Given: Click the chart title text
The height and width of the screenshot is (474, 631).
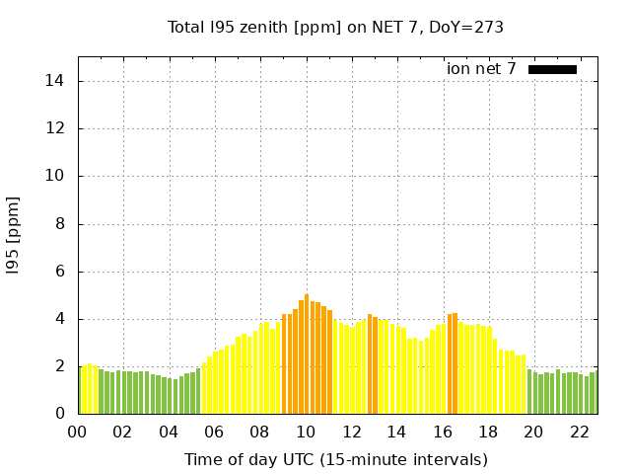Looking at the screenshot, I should [336, 27].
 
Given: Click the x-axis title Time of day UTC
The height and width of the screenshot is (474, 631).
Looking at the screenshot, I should [336, 459].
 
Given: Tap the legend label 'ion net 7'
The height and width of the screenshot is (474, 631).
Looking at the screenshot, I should [481, 69].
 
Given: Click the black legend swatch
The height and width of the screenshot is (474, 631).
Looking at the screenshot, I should [552, 69].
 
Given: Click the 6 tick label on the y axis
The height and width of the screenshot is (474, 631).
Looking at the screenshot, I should [61, 272].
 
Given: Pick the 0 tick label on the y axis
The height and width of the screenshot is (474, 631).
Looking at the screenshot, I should [61, 414].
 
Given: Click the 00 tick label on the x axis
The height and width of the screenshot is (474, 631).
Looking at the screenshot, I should [78, 433].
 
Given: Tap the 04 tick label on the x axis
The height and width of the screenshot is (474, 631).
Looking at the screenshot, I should [169, 433].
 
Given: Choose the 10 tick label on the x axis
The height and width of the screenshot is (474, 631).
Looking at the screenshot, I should [306, 433].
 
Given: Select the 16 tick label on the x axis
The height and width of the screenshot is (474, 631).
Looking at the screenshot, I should [443, 433].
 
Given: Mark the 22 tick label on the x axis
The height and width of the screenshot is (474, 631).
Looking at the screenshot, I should [579, 433].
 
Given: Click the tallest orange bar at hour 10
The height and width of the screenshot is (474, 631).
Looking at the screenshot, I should [307, 355].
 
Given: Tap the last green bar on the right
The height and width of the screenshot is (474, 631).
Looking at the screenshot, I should [593, 393].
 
